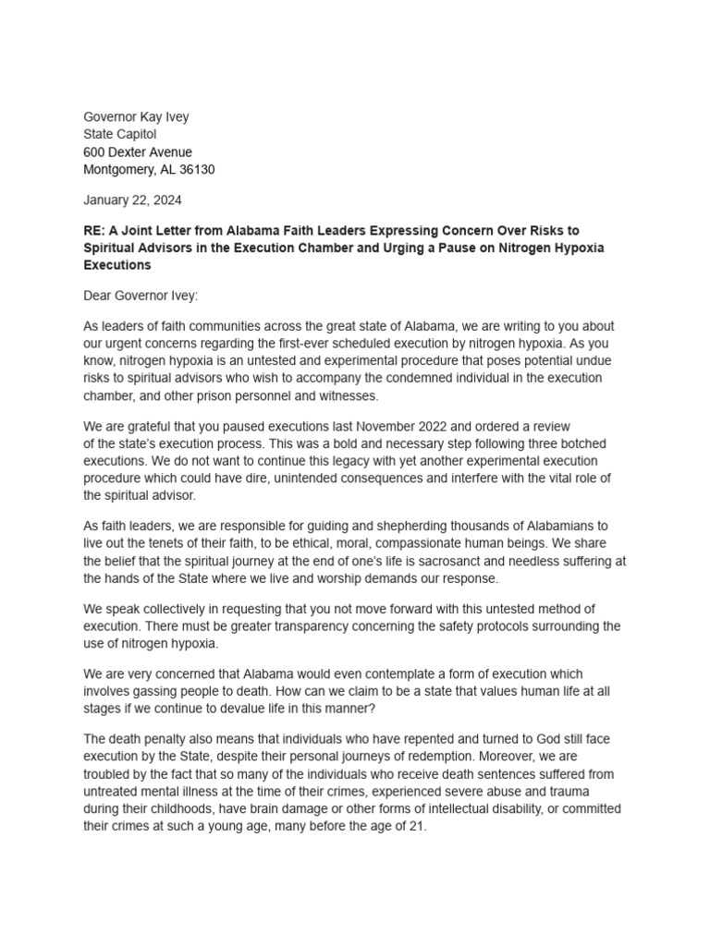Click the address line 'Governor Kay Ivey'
tap(136, 117)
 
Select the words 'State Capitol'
tap(120, 135)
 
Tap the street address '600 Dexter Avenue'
tap(138, 152)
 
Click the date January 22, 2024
tap(132, 200)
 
